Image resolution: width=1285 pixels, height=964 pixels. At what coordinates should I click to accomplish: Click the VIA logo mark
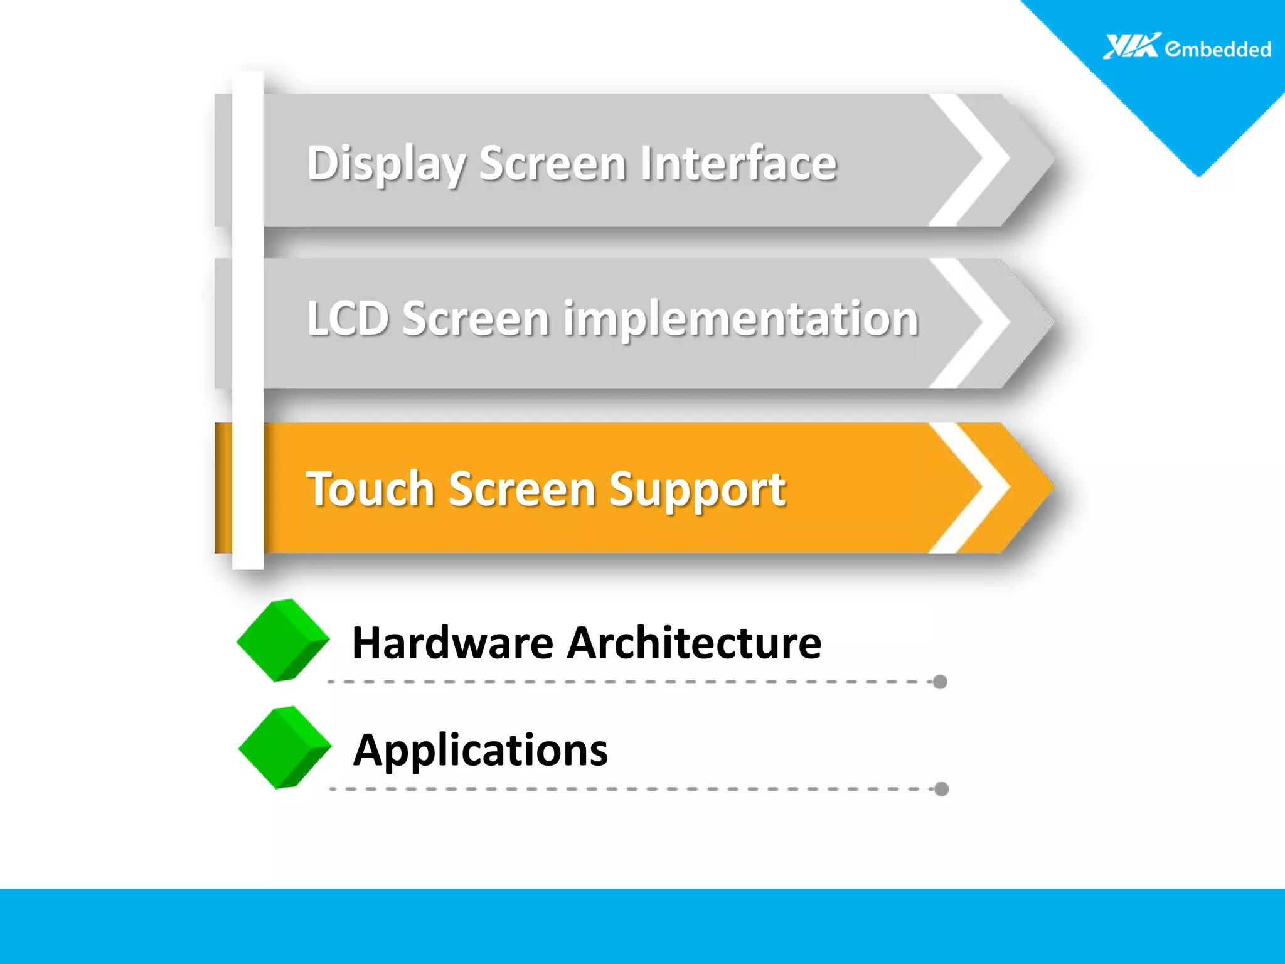(1131, 46)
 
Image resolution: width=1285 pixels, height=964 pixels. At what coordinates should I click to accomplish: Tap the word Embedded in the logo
(1218, 49)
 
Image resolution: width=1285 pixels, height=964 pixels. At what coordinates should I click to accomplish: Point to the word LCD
(348, 318)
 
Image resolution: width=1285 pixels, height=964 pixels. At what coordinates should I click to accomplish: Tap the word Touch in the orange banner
(370, 489)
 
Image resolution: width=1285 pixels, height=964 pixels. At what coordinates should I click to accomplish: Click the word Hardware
(453, 643)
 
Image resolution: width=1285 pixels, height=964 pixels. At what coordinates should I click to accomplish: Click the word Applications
(481, 751)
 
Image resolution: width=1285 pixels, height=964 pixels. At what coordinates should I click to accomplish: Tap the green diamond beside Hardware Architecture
(283, 640)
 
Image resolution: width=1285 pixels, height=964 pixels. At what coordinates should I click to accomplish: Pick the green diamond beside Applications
(285, 747)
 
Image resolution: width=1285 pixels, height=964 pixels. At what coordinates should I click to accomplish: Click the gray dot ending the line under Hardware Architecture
(939, 682)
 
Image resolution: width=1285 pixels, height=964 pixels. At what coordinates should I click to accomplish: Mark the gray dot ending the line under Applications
(941, 789)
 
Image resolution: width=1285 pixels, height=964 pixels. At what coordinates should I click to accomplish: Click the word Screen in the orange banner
(522, 489)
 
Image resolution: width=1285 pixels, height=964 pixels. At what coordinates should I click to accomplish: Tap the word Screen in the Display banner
(553, 164)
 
